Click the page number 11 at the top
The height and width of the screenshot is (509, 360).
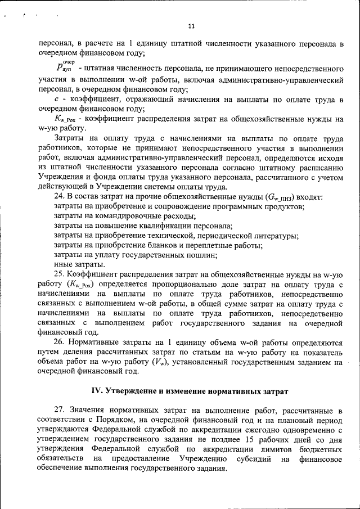191,26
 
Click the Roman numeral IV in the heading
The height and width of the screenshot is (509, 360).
97,391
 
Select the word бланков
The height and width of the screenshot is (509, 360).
160,245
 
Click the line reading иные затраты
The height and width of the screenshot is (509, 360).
79,264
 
